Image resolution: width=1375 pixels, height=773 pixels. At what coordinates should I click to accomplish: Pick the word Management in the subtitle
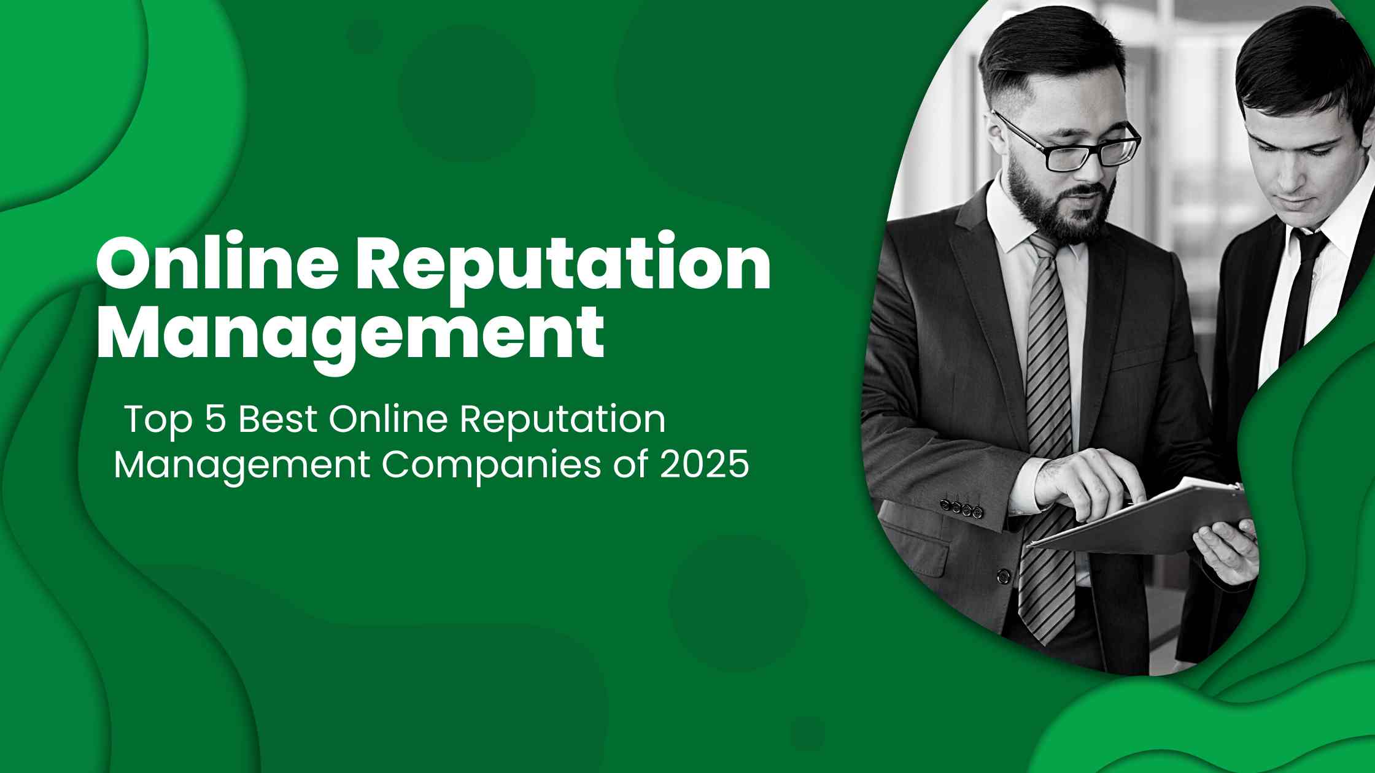tap(242, 466)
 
